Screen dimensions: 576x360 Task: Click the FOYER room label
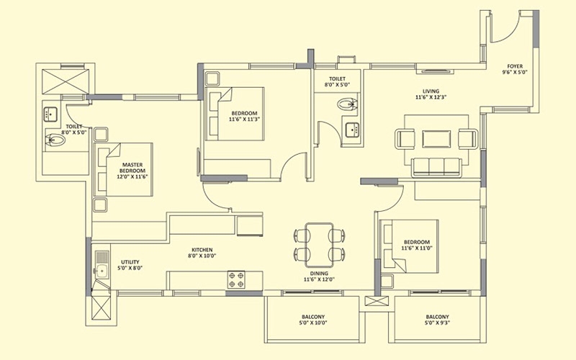click(x=515, y=66)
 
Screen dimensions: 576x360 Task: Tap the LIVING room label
click(x=431, y=91)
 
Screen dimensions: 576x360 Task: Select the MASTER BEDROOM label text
click(x=132, y=168)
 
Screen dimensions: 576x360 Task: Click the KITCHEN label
click(x=202, y=250)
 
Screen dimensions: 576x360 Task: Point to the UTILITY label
click(x=130, y=262)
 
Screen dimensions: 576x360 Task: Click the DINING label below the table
click(x=319, y=274)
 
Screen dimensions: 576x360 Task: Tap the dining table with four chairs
click(x=319, y=245)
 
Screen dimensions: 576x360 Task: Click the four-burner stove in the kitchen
click(x=236, y=280)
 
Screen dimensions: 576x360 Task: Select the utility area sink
click(x=102, y=265)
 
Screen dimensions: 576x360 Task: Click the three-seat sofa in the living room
click(x=436, y=168)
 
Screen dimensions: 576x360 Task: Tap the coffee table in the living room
click(x=436, y=139)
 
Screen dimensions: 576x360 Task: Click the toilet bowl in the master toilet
click(x=55, y=140)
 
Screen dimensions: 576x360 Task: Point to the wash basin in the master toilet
click(x=50, y=114)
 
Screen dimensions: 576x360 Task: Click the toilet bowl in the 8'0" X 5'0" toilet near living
click(x=347, y=104)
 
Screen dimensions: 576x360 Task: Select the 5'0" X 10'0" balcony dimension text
click(x=313, y=323)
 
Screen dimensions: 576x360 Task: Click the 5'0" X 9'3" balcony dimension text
click(x=438, y=323)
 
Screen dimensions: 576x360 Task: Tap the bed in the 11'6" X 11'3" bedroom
click(x=235, y=114)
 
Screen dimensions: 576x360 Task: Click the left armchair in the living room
click(x=405, y=139)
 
